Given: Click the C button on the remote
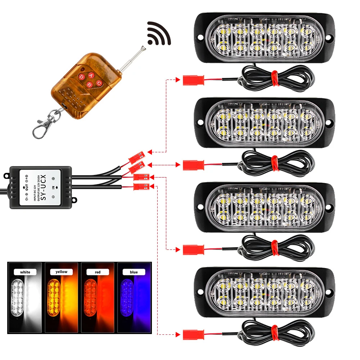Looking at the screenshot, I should point(98,83).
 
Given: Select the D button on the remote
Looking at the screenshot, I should point(81,77).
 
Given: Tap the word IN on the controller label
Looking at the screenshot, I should point(53,187).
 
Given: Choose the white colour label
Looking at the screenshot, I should point(25,272).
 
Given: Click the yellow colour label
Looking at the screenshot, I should point(62,272).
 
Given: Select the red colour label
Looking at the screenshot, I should point(98,272).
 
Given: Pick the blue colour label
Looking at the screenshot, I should point(134,272).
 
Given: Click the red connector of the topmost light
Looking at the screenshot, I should point(193,80).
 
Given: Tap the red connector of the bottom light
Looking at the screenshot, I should point(193,334).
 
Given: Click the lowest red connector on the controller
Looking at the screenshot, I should point(141,186).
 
